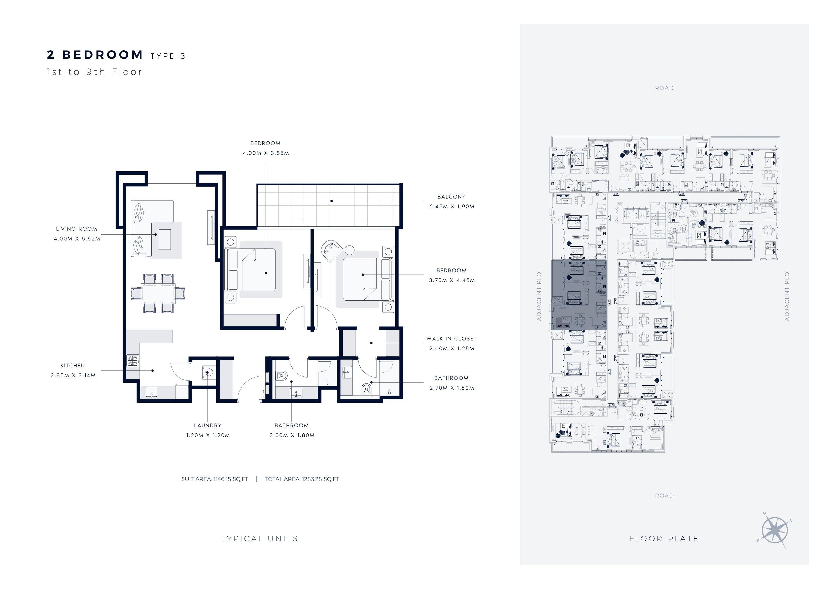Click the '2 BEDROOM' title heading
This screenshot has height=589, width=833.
(95, 55)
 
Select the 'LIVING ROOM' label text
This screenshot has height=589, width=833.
(77, 229)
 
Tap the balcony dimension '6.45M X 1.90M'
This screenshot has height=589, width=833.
(452, 206)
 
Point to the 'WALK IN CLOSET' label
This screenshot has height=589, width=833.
(451, 339)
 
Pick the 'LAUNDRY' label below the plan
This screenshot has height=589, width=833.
(207, 425)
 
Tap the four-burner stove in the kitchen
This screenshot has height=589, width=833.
(133, 360)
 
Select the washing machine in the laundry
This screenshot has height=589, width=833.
(208, 372)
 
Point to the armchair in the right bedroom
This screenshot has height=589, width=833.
(332, 250)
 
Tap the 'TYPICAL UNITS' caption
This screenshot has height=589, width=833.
(259, 539)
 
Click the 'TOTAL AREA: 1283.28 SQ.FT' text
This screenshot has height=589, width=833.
(301, 479)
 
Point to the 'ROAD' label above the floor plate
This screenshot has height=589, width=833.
(664, 88)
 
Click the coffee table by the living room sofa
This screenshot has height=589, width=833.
(165, 239)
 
